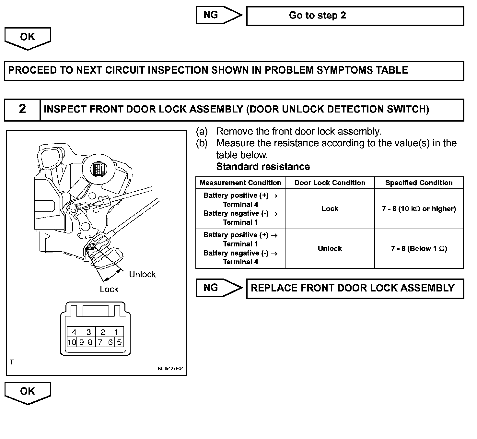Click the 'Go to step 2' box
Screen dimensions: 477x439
click(x=355, y=16)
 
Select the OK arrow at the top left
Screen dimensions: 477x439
click(x=28, y=38)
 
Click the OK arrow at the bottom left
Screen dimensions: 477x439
click(x=28, y=392)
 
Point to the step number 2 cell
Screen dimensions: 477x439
click(x=22, y=110)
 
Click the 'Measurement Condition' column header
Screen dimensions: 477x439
click(x=240, y=183)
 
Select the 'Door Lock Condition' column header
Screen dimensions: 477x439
click(x=330, y=183)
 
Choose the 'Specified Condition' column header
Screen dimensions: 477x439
click(x=419, y=183)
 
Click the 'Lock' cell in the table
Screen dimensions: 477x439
click(x=330, y=209)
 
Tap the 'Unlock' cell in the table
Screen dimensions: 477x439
click(x=330, y=249)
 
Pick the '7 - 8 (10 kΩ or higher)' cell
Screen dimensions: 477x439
click(x=419, y=209)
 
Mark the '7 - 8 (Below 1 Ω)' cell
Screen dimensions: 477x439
click(x=419, y=249)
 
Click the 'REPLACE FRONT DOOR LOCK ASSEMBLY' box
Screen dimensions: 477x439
click(x=355, y=288)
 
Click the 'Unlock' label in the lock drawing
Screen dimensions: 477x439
click(x=142, y=275)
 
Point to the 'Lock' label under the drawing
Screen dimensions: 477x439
click(x=109, y=290)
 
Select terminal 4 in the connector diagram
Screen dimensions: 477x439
click(x=74, y=332)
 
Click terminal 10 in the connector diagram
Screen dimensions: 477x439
click(x=72, y=342)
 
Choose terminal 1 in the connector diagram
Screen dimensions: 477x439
click(x=116, y=332)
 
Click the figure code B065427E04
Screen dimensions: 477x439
click(x=171, y=369)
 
